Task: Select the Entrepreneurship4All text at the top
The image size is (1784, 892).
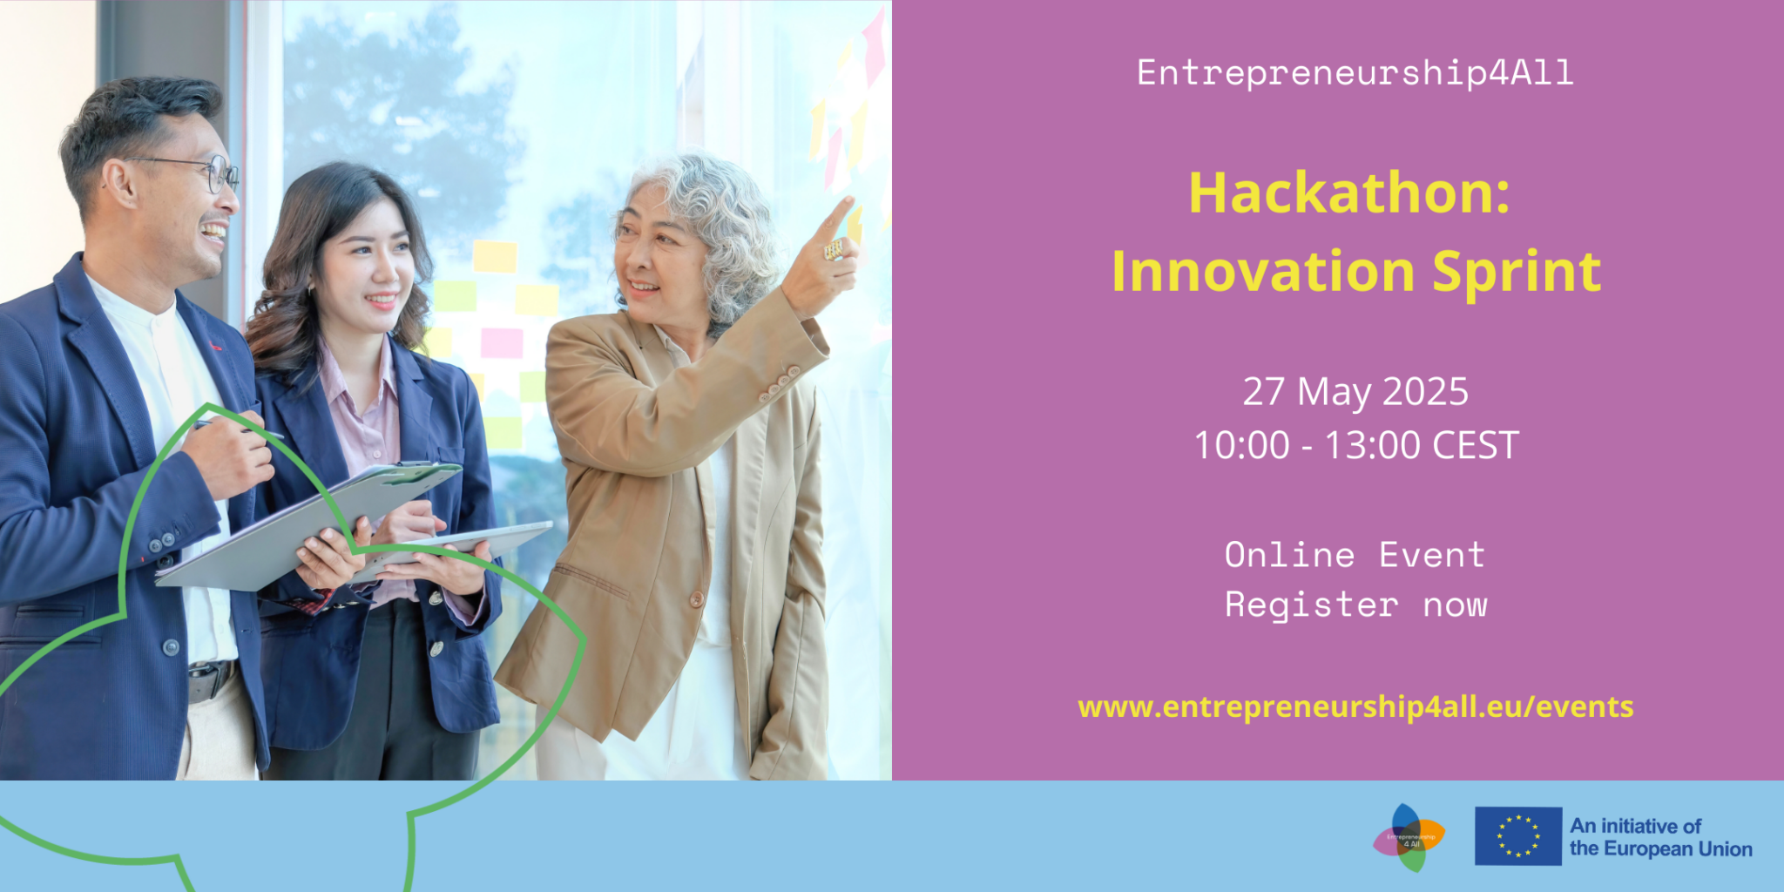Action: pos(1355,73)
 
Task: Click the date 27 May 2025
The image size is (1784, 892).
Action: pos(1355,392)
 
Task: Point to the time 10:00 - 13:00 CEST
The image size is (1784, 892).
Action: pos(1355,445)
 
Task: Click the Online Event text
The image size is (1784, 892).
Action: pos(1355,555)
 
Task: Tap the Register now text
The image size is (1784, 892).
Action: pos(1355,605)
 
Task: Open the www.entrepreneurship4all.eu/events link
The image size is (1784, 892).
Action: pos(1355,706)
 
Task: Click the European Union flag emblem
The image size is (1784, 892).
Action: pos(1517,836)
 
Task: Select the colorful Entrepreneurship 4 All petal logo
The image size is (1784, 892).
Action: pos(1409,838)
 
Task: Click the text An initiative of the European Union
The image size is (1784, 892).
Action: pos(1660,837)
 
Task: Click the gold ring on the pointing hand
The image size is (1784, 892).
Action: pos(834,250)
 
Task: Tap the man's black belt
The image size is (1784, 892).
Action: pos(210,679)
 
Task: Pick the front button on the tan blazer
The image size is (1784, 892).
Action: pos(696,599)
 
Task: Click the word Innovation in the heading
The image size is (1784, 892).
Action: pos(1263,272)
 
